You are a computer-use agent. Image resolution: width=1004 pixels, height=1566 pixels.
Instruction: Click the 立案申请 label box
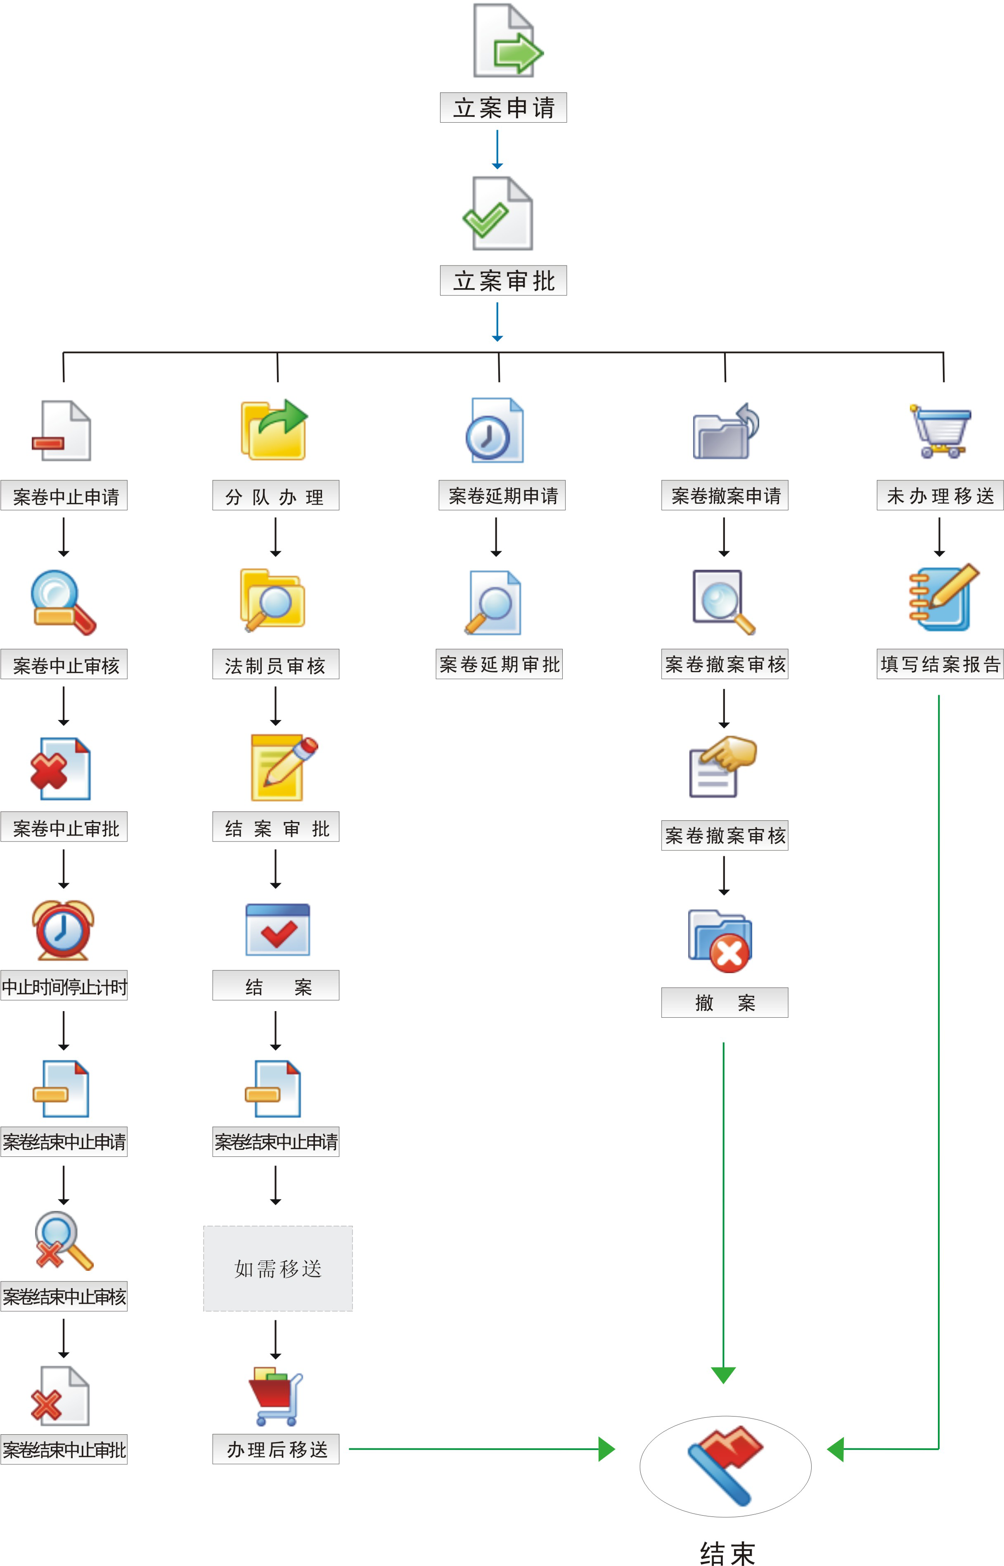pyautogui.click(x=503, y=108)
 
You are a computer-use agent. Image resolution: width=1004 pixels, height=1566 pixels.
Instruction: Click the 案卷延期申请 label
pyautogui.click(x=502, y=495)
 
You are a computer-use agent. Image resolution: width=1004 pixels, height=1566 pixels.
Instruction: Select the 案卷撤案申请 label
pyautogui.click(x=725, y=495)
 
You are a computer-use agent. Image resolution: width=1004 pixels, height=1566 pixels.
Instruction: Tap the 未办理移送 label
pyautogui.click(x=940, y=495)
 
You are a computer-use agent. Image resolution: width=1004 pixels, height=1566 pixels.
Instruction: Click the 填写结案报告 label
pyautogui.click(x=940, y=664)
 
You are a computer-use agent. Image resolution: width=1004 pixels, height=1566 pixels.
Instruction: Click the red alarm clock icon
pyautogui.click(x=63, y=930)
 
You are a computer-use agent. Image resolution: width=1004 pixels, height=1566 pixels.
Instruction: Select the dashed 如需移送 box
pyautogui.click(x=278, y=1268)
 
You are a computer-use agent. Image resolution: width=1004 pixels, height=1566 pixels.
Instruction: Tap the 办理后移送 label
pyautogui.click(x=276, y=1449)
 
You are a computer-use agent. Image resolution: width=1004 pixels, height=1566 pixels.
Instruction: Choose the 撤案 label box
pyautogui.click(x=725, y=1002)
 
